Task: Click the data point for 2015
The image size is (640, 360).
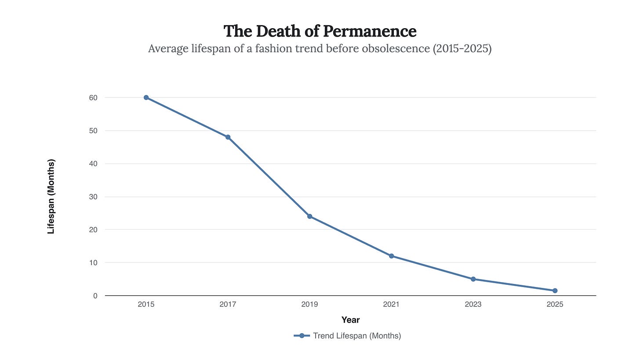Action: [x=146, y=98]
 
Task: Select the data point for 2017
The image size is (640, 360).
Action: [x=228, y=137]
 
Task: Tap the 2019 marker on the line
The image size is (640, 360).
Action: [x=309, y=216]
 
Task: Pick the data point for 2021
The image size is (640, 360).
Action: [x=391, y=256]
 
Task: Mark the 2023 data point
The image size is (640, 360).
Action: [x=473, y=279]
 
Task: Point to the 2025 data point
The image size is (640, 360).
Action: [x=555, y=291]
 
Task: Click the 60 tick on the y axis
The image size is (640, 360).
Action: [x=93, y=98]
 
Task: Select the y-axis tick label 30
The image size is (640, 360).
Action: [x=93, y=196]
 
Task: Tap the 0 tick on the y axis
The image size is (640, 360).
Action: [x=95, y=296]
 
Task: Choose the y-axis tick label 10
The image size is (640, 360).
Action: [x=93, y=263]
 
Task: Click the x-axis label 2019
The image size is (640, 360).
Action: [x=309, y=304]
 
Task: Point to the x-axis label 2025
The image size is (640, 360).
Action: [x=555, y=304]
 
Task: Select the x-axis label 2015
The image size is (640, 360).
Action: [x=146, y=304]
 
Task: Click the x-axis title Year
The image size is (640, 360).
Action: [x=350, y=320]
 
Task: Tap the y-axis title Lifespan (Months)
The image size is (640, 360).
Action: [x=51, y=196]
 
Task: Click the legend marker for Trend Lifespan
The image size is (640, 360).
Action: [x=302, y=336]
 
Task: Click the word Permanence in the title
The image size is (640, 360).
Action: [x=370, y=31]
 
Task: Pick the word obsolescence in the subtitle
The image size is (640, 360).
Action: [x=395, y=48]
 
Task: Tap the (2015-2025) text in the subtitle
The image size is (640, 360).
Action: [x=462, y=48]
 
